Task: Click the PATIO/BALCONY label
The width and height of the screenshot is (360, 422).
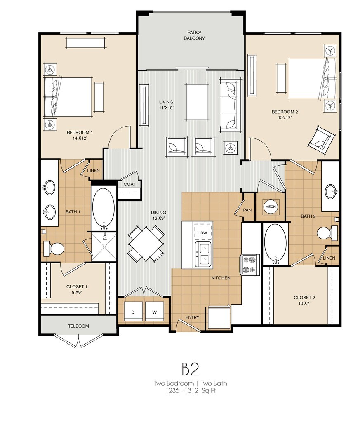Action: (x=194, y=35)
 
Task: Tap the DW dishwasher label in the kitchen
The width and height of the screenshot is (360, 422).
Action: (x=204, y=233)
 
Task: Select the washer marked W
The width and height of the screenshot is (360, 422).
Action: (x=155, y=311)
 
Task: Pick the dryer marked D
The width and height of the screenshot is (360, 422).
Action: (x=133, y=311)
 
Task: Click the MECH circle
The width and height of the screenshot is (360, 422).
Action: (x=271, y=207)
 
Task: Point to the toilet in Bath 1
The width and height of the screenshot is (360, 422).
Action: (x=54, y=249)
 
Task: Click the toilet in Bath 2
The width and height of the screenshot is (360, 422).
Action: (x=327, y=233)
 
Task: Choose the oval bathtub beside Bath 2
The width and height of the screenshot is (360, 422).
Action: (x=275, y=244)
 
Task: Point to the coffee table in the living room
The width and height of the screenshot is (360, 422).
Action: (x=197, y=101)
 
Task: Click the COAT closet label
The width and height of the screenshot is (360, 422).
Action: (x=129, y=184)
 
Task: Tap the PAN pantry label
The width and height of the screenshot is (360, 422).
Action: (x=247, y=210)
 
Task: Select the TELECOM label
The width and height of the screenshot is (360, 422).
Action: (x=78, y=326)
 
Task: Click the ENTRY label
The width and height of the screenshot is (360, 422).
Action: (x=192, y=317)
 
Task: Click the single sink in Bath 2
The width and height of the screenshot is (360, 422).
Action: (x=331, y=191)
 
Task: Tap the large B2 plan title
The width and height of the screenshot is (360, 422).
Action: (x=191, y=369)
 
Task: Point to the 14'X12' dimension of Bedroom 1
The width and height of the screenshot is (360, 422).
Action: (x=80, y=138)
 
